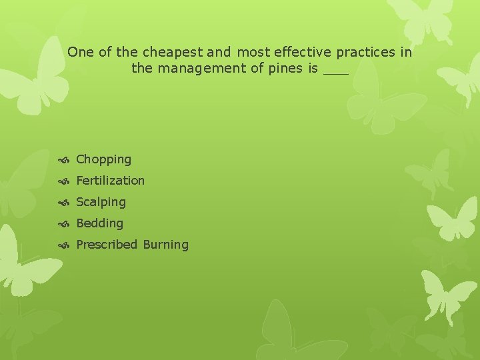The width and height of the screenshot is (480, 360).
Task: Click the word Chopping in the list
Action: point(103,159)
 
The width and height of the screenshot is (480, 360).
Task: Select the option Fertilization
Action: point(110,181)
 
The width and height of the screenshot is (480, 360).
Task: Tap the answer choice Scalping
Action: point(101,202)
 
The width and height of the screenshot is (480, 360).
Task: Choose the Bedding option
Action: point(99,223)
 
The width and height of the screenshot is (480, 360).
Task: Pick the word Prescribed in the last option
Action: point(107,245)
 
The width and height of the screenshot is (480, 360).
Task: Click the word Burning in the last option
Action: point(165,245)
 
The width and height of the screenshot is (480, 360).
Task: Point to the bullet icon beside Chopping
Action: point(65,160)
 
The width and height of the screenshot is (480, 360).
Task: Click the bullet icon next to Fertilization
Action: point(65,181)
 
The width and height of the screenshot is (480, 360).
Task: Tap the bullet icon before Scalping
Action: point(65,203)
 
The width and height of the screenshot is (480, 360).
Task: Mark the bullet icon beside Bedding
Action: point(65,224)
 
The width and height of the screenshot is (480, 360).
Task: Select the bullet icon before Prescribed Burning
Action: point(65,245)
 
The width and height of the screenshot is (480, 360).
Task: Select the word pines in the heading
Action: point(288,68)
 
